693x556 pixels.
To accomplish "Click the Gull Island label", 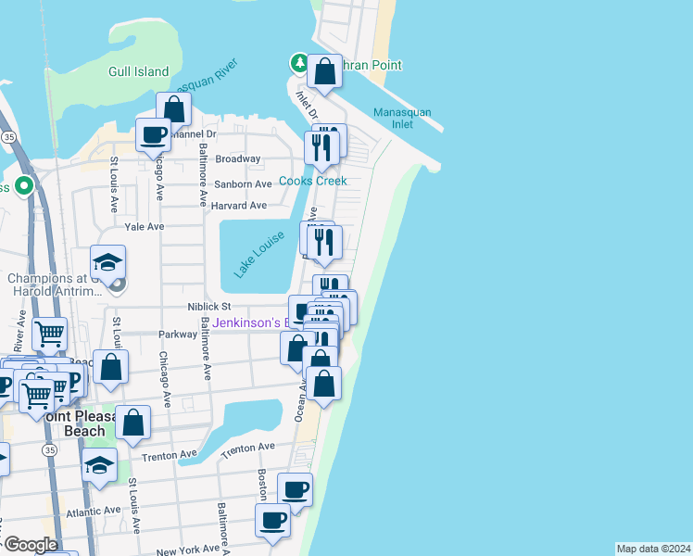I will [139, 71].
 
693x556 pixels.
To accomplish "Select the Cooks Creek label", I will [313, 181].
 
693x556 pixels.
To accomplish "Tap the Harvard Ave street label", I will [239, 205].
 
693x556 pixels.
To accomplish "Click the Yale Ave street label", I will [144, 226].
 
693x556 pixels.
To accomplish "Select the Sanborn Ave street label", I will [243, 183].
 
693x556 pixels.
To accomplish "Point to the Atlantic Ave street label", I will [94, 511].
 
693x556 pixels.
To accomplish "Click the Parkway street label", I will [178, 335].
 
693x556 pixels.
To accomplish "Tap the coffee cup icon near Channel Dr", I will [154, 135].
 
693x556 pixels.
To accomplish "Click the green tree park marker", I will [299, 63].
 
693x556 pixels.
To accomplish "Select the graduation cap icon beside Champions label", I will [108, 263].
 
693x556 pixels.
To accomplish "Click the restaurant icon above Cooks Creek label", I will [321, 146].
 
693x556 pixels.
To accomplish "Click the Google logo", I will [30, 545].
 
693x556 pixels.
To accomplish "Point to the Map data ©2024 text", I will [653, 549].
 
